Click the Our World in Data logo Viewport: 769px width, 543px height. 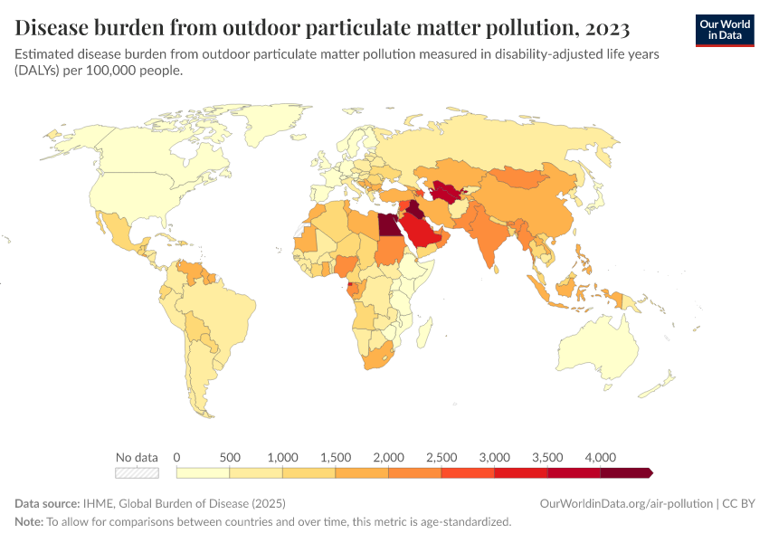tap(724, 30)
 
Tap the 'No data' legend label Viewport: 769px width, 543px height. tap(137, 457)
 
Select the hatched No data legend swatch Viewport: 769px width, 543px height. tap(137, 472)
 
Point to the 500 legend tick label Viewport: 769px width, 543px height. tap(230, 457)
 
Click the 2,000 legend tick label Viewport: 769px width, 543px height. tap(389, 457)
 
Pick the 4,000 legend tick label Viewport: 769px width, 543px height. tap(601, 457)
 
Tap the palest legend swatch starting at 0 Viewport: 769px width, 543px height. tap(203, 472)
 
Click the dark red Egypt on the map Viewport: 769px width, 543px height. tap(386, 224)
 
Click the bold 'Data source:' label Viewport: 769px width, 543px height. tap(47, 503)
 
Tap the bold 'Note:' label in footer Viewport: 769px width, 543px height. tap(29, 522)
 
